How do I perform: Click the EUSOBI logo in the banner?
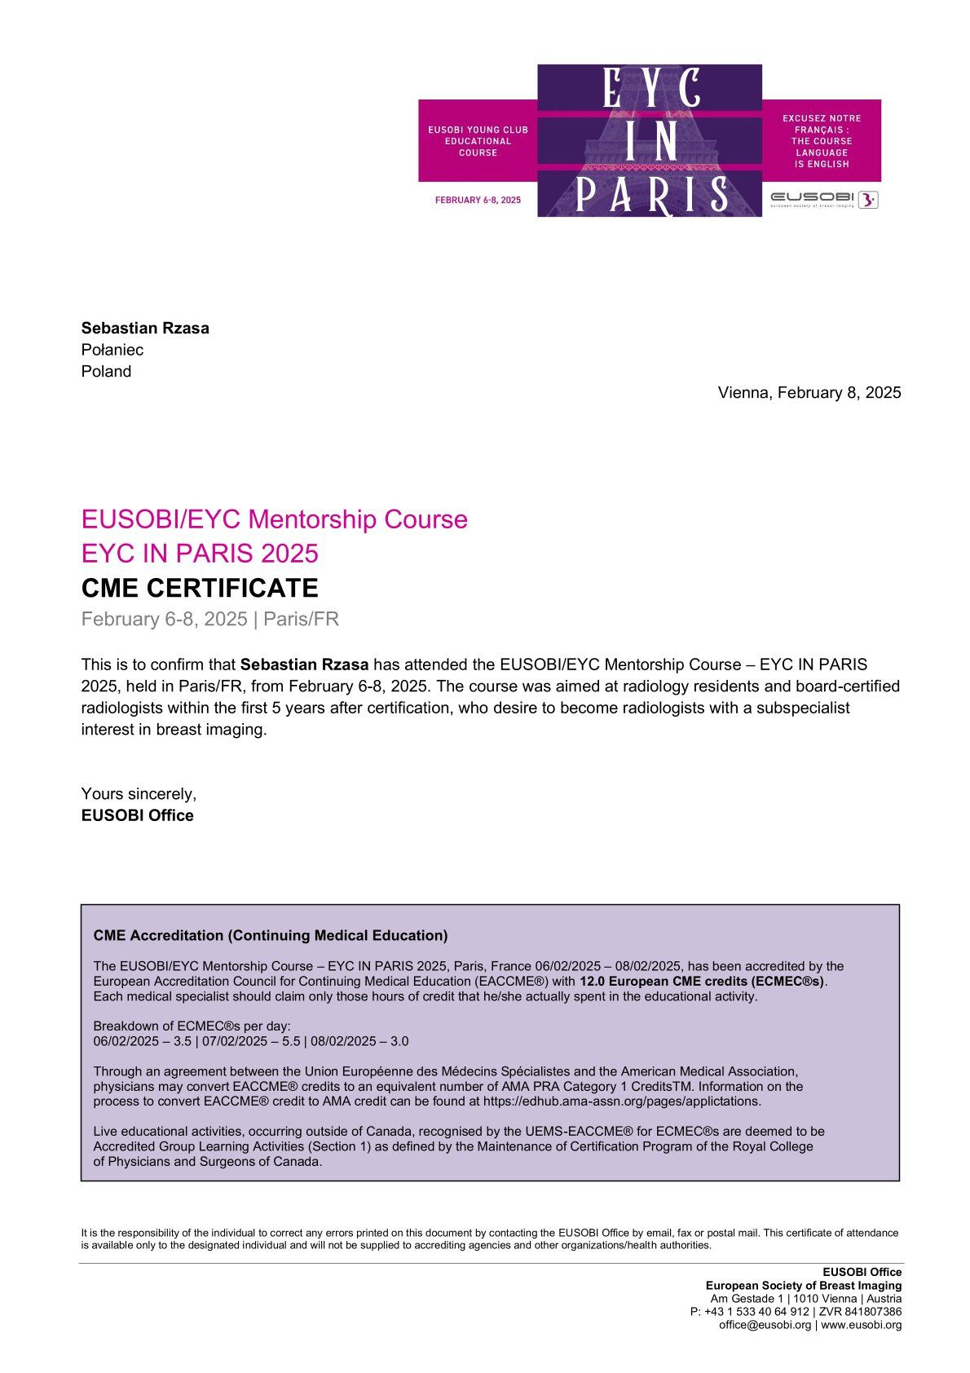(824, 198)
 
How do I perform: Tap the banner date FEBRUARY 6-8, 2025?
(478, 200)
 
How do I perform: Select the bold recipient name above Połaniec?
(145, 328)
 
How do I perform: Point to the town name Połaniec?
(112, 350)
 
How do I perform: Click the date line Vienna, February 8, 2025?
(809, 392)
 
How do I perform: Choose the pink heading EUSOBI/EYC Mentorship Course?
(275, 519)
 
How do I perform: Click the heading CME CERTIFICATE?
(200, 588)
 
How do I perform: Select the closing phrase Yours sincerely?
(139, 793)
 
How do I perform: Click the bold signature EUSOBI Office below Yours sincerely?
(137, 815)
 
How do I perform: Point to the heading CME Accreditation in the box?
(271, 935)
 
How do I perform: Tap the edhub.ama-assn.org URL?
(622, 1101)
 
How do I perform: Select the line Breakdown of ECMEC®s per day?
(192, 1026)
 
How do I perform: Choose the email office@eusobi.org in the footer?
(765, 1324)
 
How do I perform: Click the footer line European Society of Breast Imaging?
(804, 1285)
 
